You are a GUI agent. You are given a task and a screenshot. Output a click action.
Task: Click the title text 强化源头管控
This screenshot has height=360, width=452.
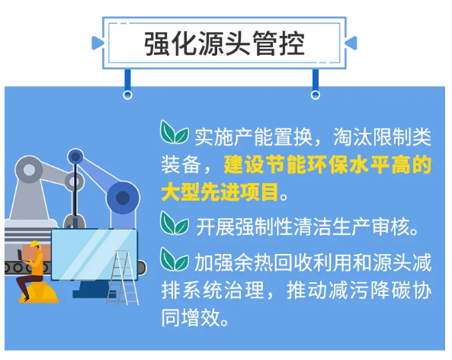point(226,43)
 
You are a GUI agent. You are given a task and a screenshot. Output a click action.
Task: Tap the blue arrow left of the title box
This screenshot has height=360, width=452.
point(98,43)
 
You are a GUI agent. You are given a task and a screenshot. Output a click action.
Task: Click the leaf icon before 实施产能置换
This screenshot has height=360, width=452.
point(175,133)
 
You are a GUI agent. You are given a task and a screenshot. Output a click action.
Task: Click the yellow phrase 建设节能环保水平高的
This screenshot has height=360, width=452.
point(328,163)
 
